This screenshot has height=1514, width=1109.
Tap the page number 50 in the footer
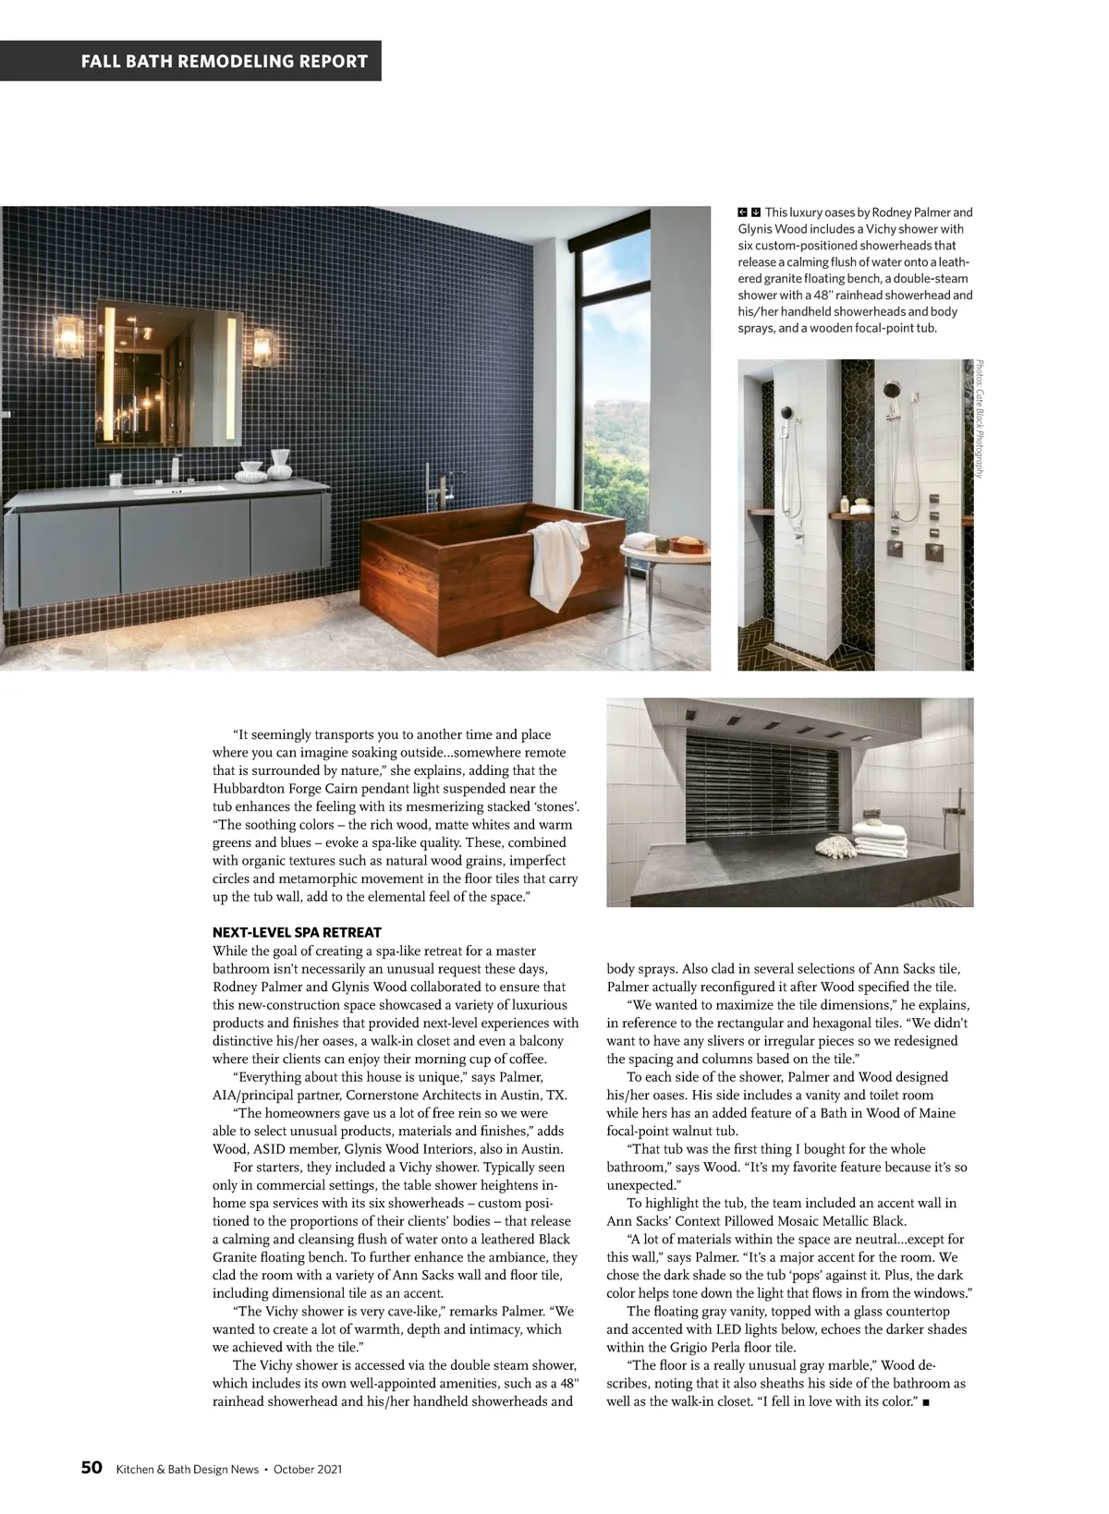(x=91, y=1468)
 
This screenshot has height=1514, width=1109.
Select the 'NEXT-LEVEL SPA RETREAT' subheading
(x=297, y=932)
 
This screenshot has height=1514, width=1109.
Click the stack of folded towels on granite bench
(x=879, y=835)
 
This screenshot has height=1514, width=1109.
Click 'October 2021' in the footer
(x=309, y=1469)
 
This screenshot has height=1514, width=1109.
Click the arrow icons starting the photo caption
(x=749, y=212)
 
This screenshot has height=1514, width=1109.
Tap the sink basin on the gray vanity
(x=181, y=490)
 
